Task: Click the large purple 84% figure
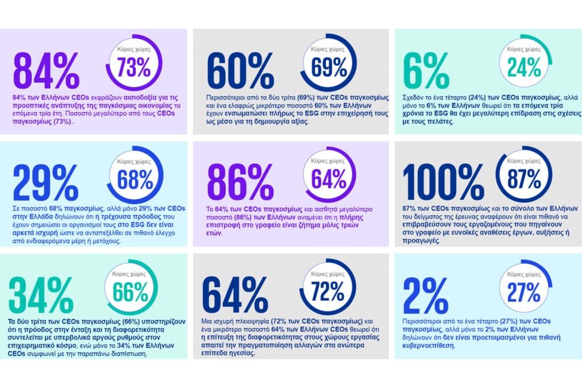(x=47, y=70)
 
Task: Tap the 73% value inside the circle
(x=134, y=67)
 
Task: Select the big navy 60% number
(x=240, y=70)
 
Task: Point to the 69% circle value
(x=329, y=67)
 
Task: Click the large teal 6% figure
(x=426, y=70)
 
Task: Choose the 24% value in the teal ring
(x=524, y=67)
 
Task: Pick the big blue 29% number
(x=45, y=183)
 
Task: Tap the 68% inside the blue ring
(x=135, y=180)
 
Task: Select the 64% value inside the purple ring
(x=329, y=179)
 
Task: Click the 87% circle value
(x=524, y=179)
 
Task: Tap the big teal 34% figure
(x=41, y=295)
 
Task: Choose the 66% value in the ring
(x=131, y=293)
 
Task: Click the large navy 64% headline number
(x=235, y=295)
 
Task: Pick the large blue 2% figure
(x=426, y=295)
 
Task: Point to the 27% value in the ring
(x=523, y=293)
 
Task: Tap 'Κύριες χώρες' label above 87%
(x=524, y=161)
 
